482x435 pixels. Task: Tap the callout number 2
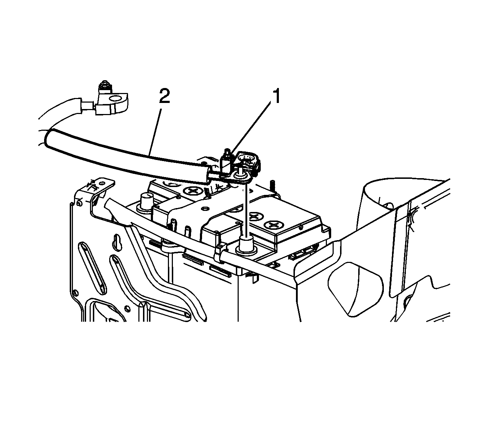165,96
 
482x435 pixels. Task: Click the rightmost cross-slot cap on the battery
274,225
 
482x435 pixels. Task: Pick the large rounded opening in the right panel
356,290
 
